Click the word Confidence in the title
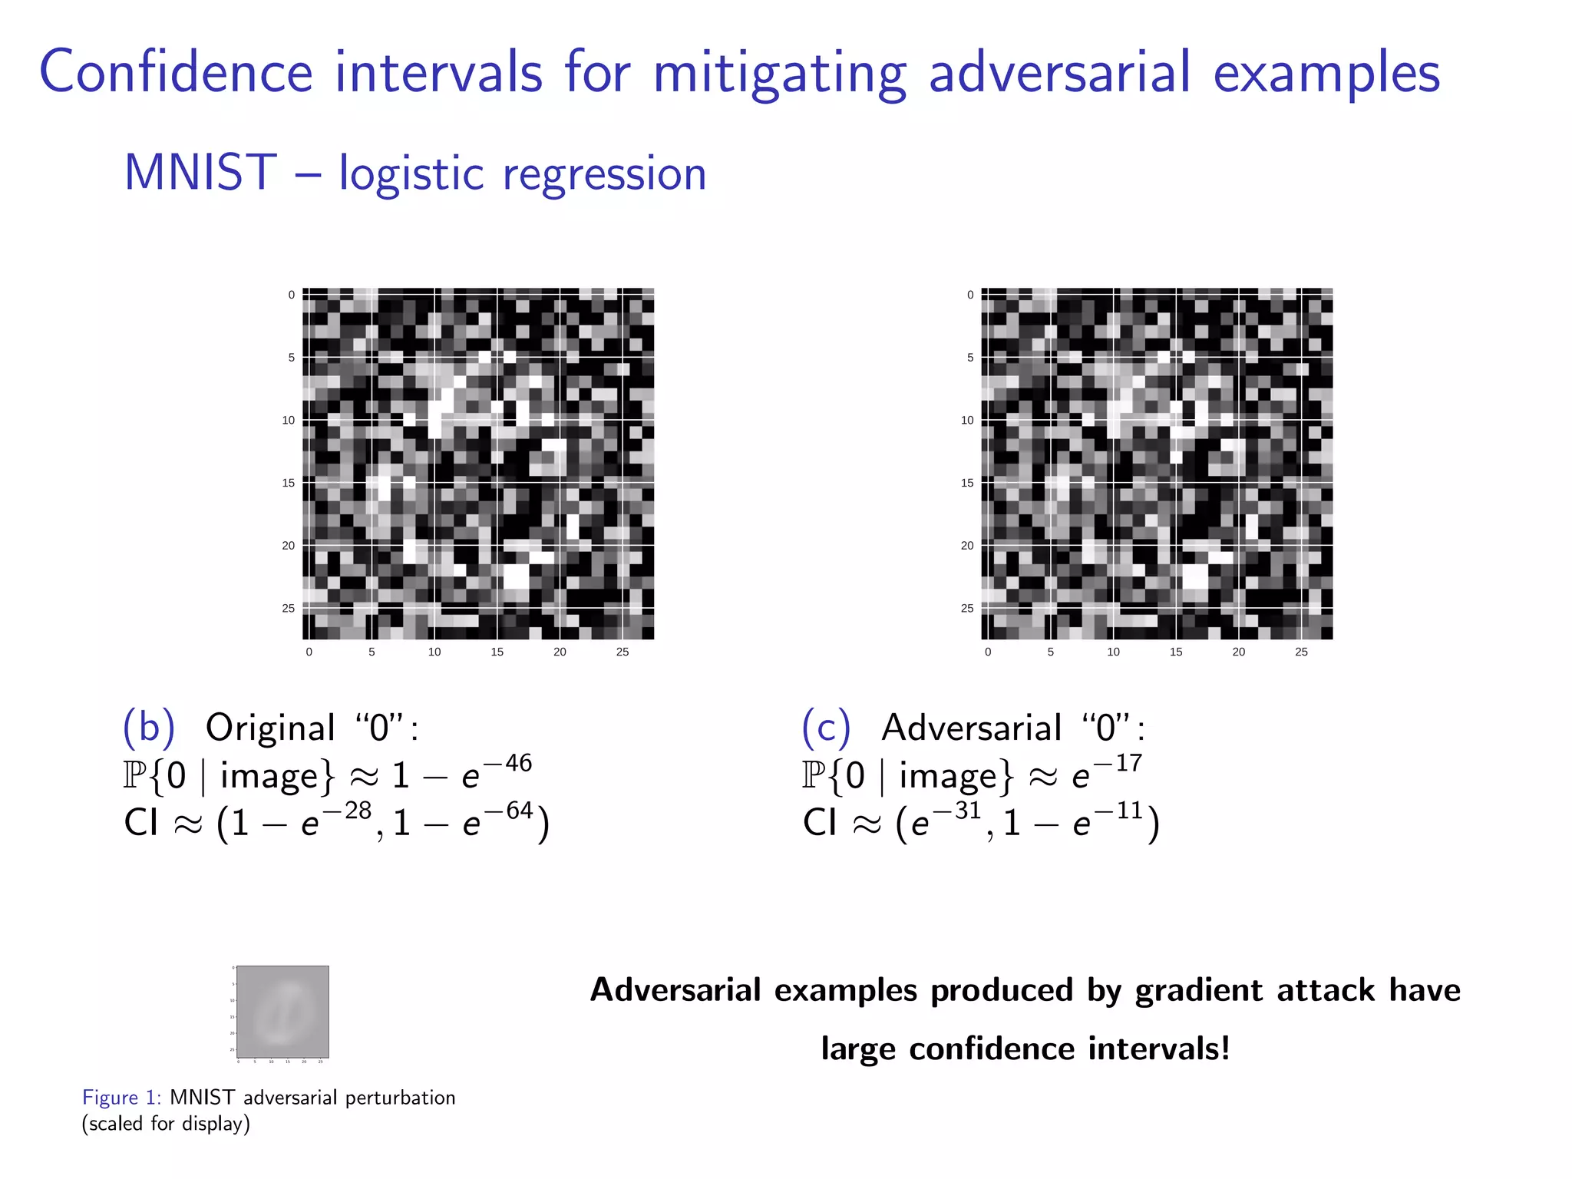pos(176,72)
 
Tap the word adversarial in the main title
pos(1059,72)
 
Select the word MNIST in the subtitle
pos(200,173)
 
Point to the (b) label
pos(149,727)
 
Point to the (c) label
pos(827,727)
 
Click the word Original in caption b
pos(270,728)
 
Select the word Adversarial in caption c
pos(971,728)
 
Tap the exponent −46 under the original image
pos(508,763)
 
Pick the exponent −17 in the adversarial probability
pos(1118,763)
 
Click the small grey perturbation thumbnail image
pos(282,1012)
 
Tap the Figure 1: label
pos(121,1098)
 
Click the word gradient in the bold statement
pos(1198,990)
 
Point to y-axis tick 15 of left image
pos(289,483)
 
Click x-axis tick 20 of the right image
pos(1238,652)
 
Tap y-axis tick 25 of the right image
pos(967,608)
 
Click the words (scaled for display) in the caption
pos(166,1124)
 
